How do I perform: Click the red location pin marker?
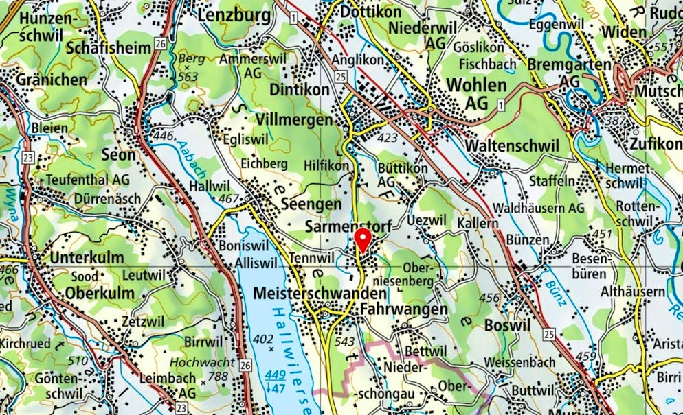[x=363, y=240]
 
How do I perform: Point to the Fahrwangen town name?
[x=403, y=310]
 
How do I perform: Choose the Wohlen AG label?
[x=477, y=93]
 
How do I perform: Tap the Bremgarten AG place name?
[x=570, y=72]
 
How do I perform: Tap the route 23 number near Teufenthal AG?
[x=27, y=157]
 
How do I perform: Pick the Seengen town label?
[x=311, y=204]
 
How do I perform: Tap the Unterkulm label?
[x=87, y=258]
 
